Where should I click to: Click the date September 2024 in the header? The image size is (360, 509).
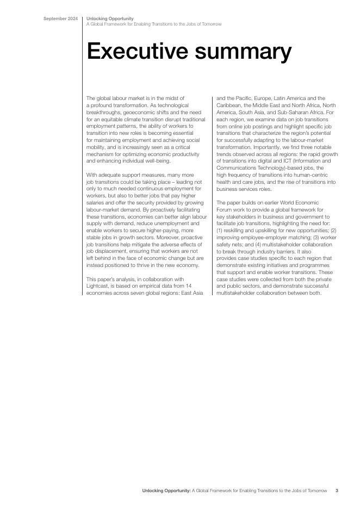tap(61, 19)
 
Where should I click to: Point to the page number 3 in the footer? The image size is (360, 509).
tap(337, 491)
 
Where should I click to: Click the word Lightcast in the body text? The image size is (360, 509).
tap(98, 287)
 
